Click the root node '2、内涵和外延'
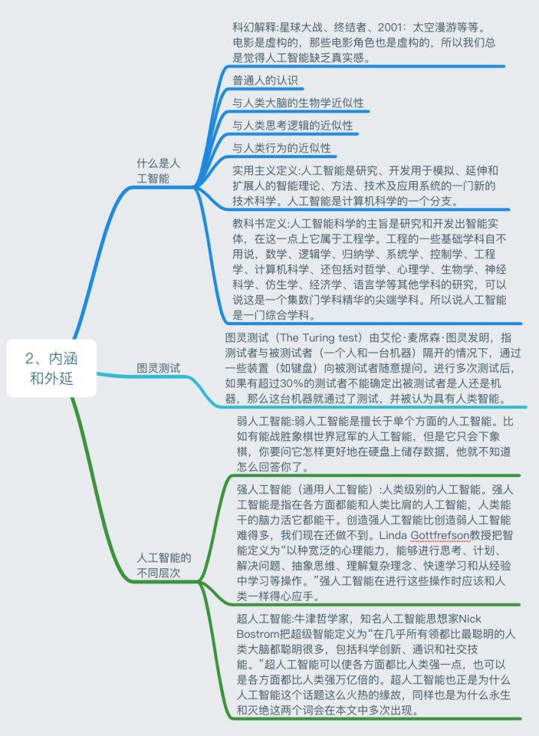pyautogui.click(x=51, y=368)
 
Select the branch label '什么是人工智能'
pyautogui.click(x=158, y=171)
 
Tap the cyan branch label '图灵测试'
pyautogui.click(x=158, y=368)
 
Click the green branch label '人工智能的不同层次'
pyautogui.click(x=163, y=566)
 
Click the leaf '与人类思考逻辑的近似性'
pyautogui.click(x=293, y=126)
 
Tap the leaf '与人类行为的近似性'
pyautogui.click(x=281, y=148)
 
